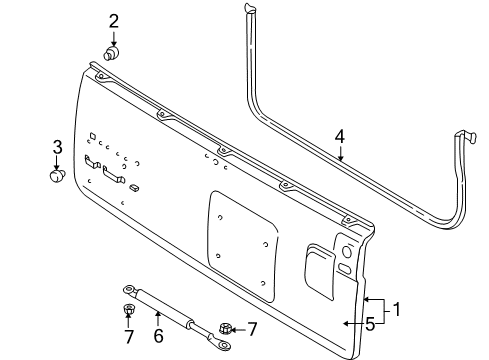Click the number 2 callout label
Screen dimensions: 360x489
[x=114, y=20]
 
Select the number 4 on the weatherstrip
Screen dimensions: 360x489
[x=341, y=137]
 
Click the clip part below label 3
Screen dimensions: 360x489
[x=56, y=179]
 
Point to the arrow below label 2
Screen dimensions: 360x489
[x=114, y=36]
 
